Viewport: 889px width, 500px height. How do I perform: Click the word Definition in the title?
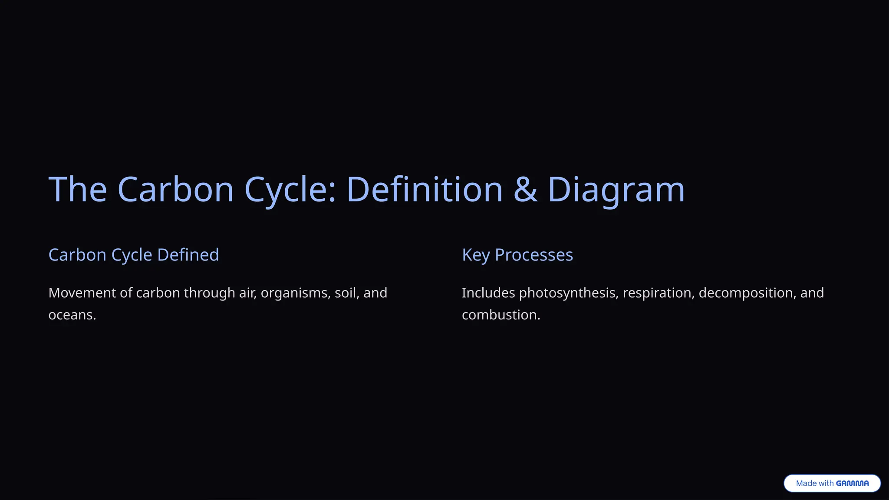pos(424,190)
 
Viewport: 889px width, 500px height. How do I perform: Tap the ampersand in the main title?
pos(525,190)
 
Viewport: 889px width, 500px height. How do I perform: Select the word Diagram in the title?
pos(616,190)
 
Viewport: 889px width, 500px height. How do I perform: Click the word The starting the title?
pos(78,190)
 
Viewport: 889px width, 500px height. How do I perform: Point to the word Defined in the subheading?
pos(188,255)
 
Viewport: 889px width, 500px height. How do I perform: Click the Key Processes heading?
pos(517,255)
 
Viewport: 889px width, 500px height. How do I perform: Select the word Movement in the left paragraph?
pos(82,293)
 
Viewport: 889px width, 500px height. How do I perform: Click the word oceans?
pos(72,315)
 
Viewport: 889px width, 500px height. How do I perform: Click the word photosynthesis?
pos(568,293)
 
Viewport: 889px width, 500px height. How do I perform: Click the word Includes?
pos(488,293)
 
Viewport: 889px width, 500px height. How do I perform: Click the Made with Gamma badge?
pos(832,484)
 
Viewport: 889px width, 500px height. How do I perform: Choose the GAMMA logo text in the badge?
pos(852,484)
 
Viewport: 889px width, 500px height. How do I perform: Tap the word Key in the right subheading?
pos(476,255)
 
